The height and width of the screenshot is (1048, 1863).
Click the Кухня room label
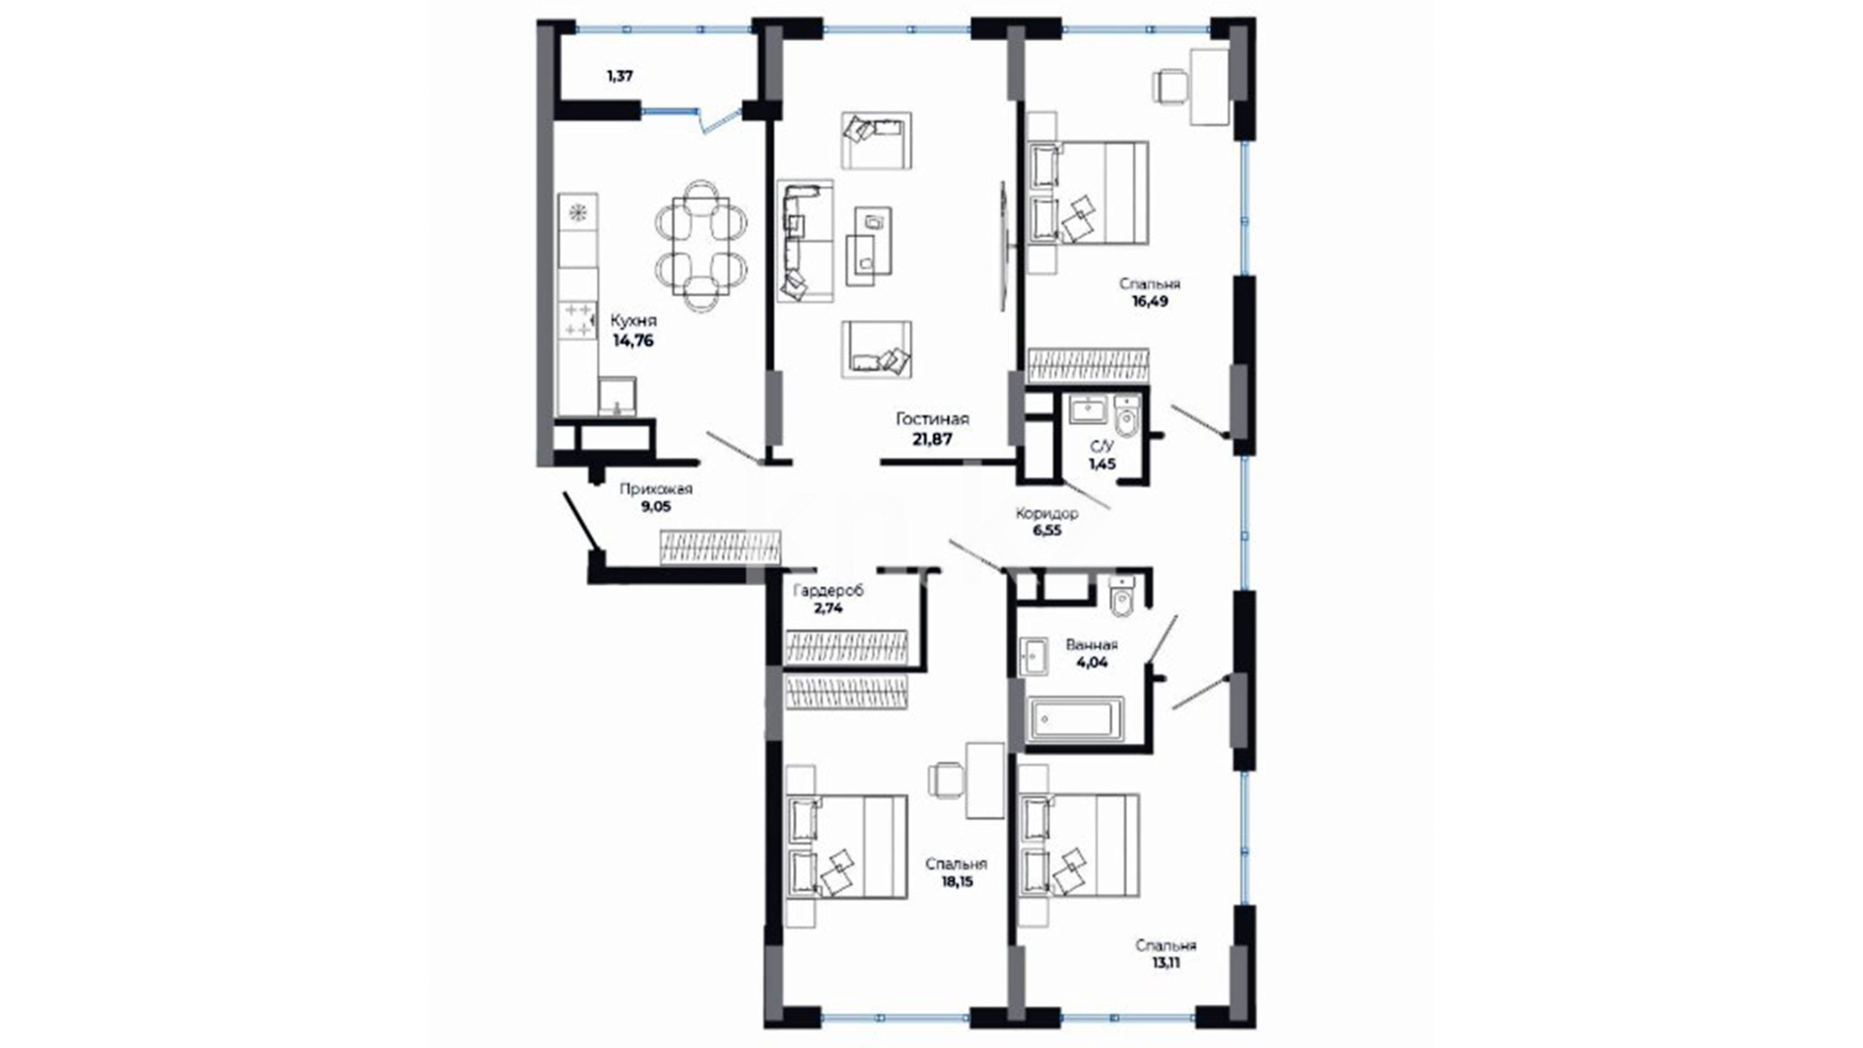click(x=633, y=320)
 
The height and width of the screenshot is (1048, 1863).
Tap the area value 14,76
click(x=633, y=341)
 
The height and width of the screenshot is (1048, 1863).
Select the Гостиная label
click(x=931, y=419)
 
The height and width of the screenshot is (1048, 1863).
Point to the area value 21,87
click(x=931, y=439)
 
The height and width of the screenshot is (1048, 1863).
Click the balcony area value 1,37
click(x=620, y=75)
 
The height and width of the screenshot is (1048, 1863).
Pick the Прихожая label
click(x=656, y=489)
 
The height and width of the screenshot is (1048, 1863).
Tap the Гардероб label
click(x=828, y=590)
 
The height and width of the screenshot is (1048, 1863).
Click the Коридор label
click(x=1047, y=514)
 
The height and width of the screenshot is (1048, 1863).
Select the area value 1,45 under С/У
click(x=1101, y=464)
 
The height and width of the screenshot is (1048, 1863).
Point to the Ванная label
click(x=1092, y=644)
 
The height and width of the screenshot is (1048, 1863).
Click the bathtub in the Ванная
click(x=1075, y=719)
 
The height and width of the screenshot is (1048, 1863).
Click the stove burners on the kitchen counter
click(x=577, y=320)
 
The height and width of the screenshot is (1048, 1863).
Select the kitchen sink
click(x=617, y=396)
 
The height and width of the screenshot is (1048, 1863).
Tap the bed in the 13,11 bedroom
click(x=1080, y=845)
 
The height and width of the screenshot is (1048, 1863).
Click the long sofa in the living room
click(x=804, y=240)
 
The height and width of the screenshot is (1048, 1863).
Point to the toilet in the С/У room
click(x=1127, y=418)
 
